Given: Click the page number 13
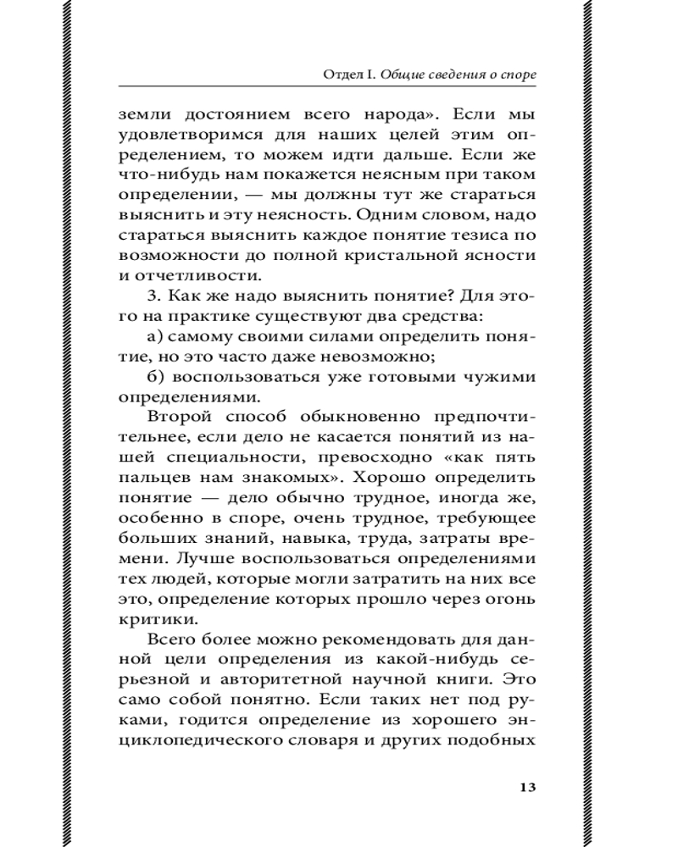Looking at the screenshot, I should point(526,786).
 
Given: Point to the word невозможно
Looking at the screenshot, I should point(367,357).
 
